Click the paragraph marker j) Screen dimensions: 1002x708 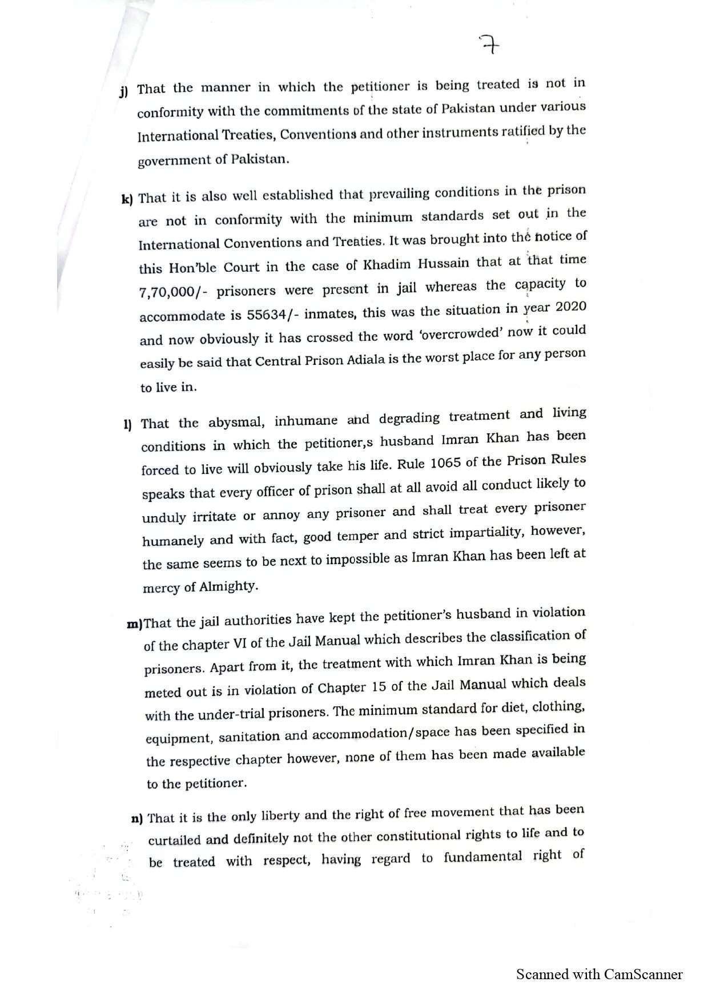coord(124,91)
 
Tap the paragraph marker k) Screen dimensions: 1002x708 coord(127,199)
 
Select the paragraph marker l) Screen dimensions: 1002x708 coord(127,424)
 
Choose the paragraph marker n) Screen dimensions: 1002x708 coord(136,819)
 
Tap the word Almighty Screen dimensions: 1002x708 coord(228,586)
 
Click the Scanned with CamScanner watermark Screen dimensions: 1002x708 coord(599,974)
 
